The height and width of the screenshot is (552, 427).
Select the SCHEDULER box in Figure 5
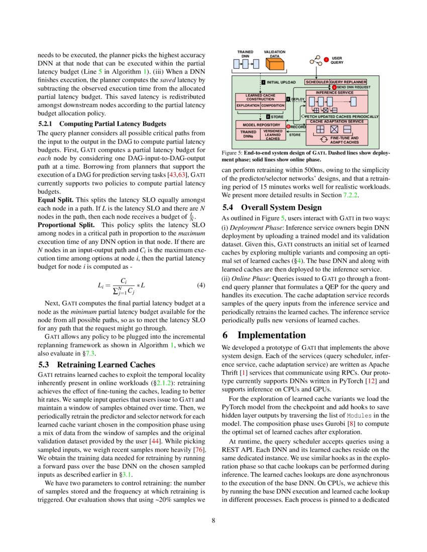click(317, 82)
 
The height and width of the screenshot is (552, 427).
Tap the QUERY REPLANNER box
click(348, 82)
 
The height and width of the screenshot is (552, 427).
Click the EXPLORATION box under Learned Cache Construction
click(248, 106)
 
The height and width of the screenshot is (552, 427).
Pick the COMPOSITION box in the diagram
click(273, 106)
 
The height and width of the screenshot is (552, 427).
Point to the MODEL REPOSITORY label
click(261, 124)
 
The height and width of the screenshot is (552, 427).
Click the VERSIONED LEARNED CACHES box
click(273, 134)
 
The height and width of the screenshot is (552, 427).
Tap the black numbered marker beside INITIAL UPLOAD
click(263, 82)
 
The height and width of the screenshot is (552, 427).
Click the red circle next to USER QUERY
click(326, 60)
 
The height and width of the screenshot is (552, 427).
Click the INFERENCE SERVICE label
click(334, 93)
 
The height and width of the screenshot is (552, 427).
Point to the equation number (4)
click(201, 286)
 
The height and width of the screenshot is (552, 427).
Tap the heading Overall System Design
click(282, 207)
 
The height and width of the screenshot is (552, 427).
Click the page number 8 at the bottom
click(213, 520)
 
